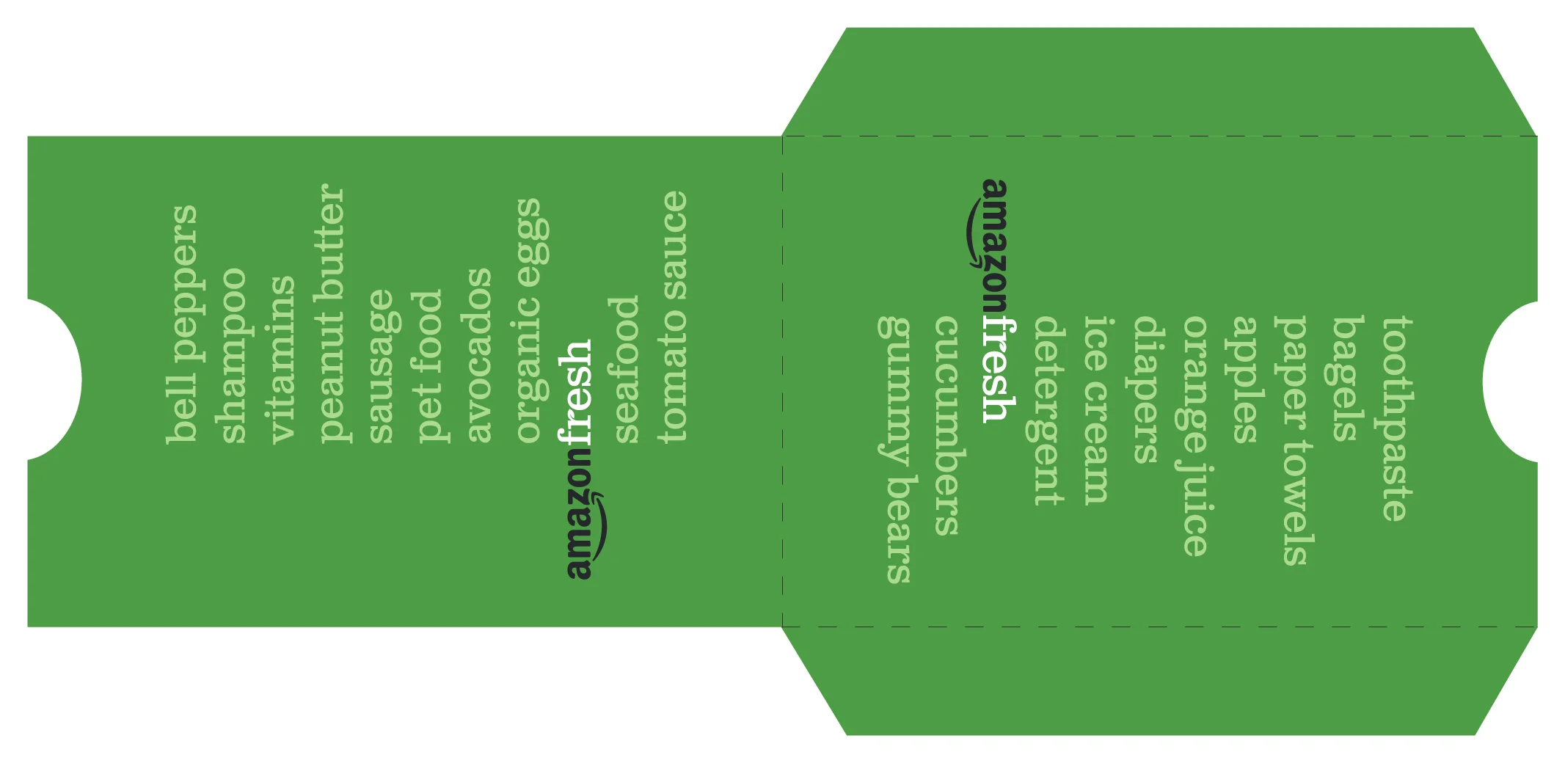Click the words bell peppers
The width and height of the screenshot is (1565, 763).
[x=182, y=324]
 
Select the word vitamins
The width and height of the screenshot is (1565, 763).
[x=282, y=359]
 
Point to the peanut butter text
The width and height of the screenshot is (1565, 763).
[x=331, y=313]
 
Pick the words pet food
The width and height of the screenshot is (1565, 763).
[x=429, y=367]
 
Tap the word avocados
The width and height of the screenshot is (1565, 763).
[x=478, y=356]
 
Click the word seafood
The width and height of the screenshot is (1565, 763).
[x=626, y=370]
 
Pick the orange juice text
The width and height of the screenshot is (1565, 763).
[x=1195, y=436]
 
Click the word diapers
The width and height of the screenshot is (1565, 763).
[x=1146, y=390]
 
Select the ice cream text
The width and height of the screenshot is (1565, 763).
[x=1097, y=410]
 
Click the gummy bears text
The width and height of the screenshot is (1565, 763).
[x=895, y=450]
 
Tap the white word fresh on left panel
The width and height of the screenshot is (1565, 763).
[x=576, y=393]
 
